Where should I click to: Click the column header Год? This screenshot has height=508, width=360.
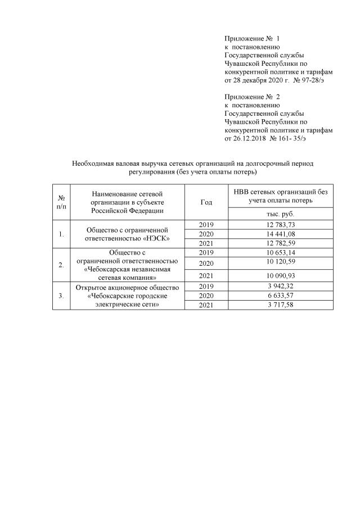[206, 202]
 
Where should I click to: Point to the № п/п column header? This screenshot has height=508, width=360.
[60, 202]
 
